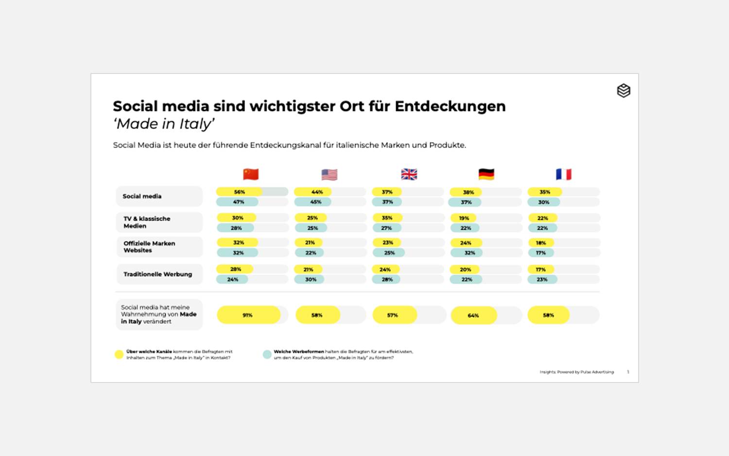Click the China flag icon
(x=251, y=174)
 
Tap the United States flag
(x=330, y=175)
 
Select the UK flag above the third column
(x=409, y=174)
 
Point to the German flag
(x=486, y=174)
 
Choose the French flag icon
(x=564, y=174)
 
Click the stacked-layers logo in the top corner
(x=624, y=91)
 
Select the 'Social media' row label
(x=142, y=196)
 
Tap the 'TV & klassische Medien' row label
(x=147, y=222)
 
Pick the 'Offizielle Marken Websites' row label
(x=149, y=247)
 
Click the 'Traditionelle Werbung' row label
(x=157, y=274)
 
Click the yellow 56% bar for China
(x=239, y=192)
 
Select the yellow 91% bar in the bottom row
(x=248, y=315)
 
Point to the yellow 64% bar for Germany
(x=473, y=315)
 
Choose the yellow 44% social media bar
(x=313, y=192)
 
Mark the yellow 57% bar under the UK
(x=394, y=315)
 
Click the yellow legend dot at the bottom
(x=119, y=354)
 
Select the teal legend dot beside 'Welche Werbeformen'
(x=267, y=354)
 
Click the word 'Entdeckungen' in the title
(x=450, y=106)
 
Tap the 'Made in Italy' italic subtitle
(x=164, y=124)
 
